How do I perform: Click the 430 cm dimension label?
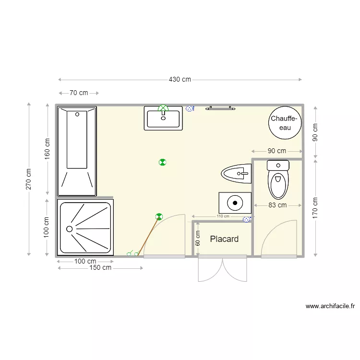180,80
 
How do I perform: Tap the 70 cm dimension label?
79,93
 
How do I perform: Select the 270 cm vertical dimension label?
29,179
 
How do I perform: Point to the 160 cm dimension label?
47,149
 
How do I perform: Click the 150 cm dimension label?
100,268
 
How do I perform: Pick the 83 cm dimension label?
277,205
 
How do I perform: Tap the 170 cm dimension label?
315,208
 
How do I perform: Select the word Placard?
224,239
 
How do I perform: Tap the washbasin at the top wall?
164,119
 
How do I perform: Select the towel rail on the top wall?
221,108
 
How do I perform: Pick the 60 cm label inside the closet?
198,239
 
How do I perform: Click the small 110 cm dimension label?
223,216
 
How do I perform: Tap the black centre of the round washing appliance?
235,203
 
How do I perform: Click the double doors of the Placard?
223,270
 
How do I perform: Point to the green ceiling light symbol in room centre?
162,162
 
